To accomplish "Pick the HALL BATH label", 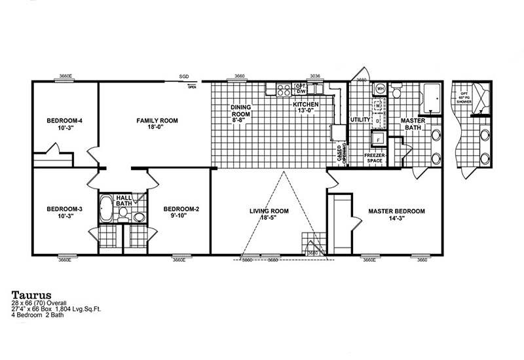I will tap(124, 200).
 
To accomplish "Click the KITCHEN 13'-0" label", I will tap(306, 108).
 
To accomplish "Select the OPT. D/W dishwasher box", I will tap(301, 88).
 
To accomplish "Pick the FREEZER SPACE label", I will tap(374, 158).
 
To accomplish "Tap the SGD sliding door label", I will tap(185, 77).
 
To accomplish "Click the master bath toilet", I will tap(397, 94).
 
